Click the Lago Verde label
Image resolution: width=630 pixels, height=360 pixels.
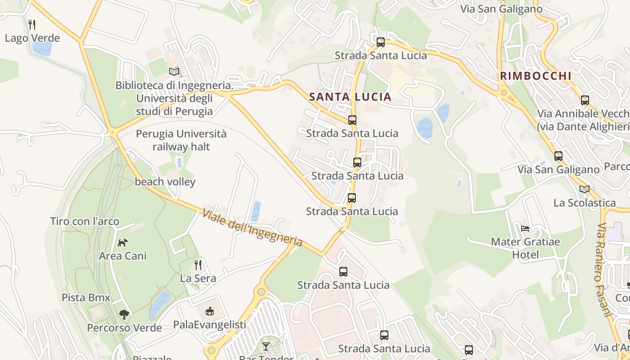pyautogui.click(x=32, y=38)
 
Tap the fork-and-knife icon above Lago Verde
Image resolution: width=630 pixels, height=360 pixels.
pyautogui.click(x=31, y=24)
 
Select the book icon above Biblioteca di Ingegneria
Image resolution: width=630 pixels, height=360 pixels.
pyautogui.click(x=174, y=72)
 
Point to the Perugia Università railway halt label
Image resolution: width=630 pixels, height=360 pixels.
pyautogui.click(x=181, y=140)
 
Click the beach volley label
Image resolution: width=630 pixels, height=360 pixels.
pyautogui.click(x=165, y=182)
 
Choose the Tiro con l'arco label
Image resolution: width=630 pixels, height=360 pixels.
pyautogui.click(x=85, y=221)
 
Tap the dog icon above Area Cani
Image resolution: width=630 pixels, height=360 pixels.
pyautogui.click(x=122, y=243)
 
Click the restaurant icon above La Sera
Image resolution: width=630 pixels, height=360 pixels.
pyautogui.click(x=198, y=265)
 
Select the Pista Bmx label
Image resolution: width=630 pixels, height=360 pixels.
pyautogui.click(x=86, y=297)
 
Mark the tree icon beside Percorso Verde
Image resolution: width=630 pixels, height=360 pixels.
pyautogui.click(x=124, y=314)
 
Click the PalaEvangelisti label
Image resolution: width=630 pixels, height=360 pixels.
pyautogui.click(x=210, y=324)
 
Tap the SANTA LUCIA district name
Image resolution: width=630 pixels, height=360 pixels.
pyautogui.click(x=350, y=97)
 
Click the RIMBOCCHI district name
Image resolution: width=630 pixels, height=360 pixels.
pyautogui.click(x=535, y=76)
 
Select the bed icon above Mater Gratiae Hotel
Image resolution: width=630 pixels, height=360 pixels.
pyautogui.click(x=525, y=228)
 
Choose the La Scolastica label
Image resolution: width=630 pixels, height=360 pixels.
pyautogui.click(x=584, y=202)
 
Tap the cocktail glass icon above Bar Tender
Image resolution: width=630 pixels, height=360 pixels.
pyautogui.click(x=266, y=346)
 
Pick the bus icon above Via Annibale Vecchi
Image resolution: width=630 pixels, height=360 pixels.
pyautogui.click(x=585, y=100)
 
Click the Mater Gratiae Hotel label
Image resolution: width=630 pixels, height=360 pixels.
pyautogui.click(x=525, y=248)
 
